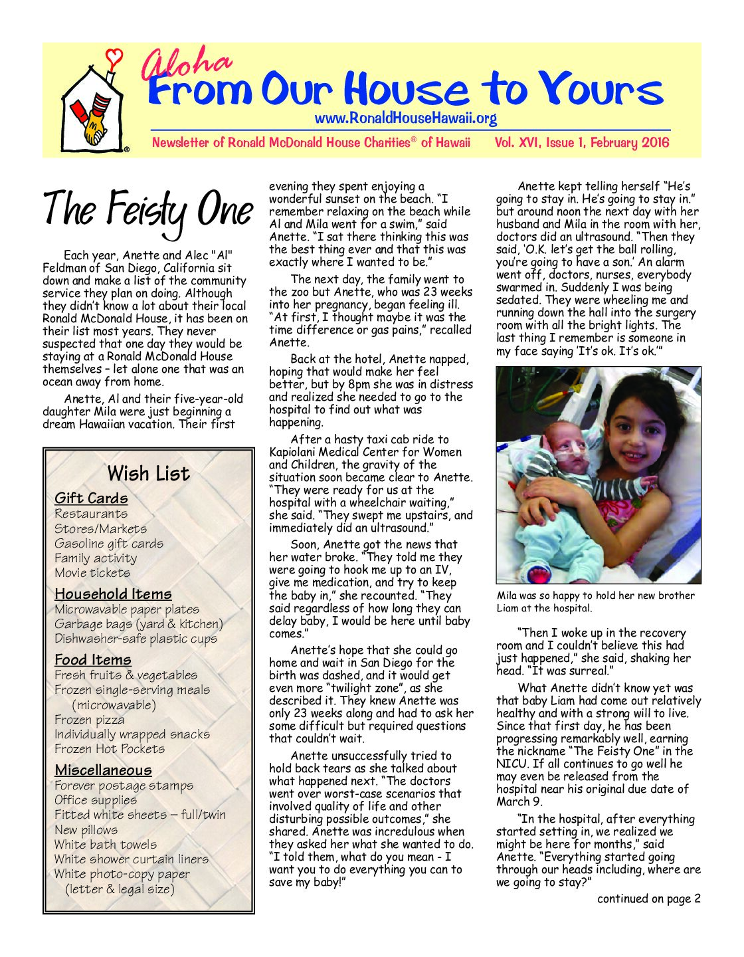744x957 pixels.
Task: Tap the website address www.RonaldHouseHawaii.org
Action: [x=405, y=119]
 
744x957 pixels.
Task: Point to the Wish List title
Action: [x=148, y=474]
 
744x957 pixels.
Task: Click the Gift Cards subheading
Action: [x=91, y=498]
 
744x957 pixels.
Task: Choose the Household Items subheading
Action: [x=113, y=593]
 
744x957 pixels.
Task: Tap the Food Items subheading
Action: [x=93, y=659]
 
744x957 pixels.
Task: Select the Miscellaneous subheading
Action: [x=103, y=770]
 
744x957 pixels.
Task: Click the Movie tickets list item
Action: [x=92, y=572]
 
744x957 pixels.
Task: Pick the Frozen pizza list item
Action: [x=89, y=719]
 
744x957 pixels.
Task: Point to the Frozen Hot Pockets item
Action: [x=110, y=748]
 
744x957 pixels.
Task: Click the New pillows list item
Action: [x=86, y=829]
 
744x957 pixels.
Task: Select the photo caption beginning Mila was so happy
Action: [x=595, y=601]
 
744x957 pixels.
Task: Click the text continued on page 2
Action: [x=648, y=899]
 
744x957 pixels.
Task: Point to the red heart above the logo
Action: [x=114, y=57]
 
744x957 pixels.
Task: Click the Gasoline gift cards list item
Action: [x=108, y=543]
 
